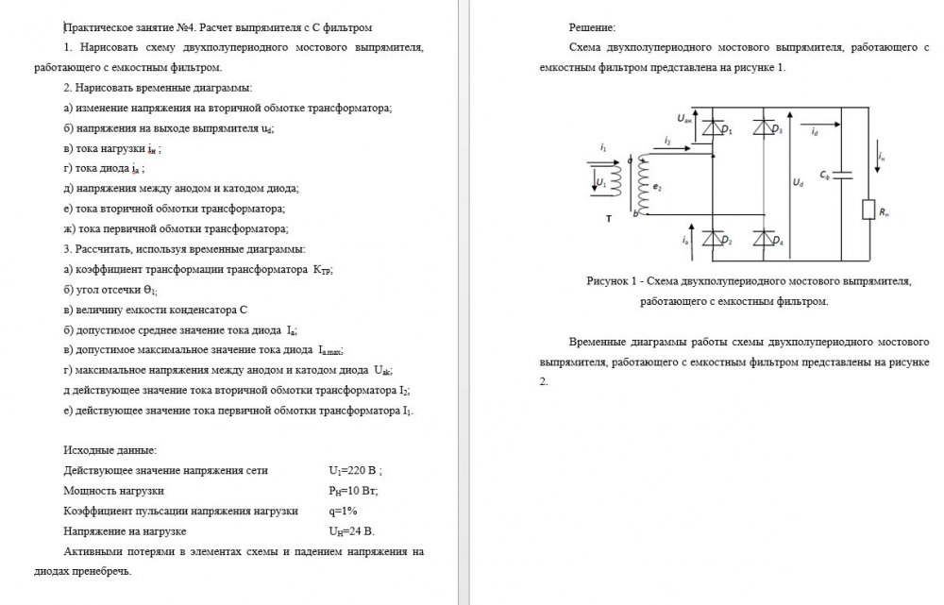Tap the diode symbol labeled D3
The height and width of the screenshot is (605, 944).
763,127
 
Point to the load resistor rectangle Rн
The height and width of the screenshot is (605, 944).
868,210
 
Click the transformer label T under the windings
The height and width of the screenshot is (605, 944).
609,218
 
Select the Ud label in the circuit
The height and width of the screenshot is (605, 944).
799,180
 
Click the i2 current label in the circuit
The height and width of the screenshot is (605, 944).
667,141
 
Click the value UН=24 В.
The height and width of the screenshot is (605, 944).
353,531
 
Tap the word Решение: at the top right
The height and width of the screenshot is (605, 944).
593,28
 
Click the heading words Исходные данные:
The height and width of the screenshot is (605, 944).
110,450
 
